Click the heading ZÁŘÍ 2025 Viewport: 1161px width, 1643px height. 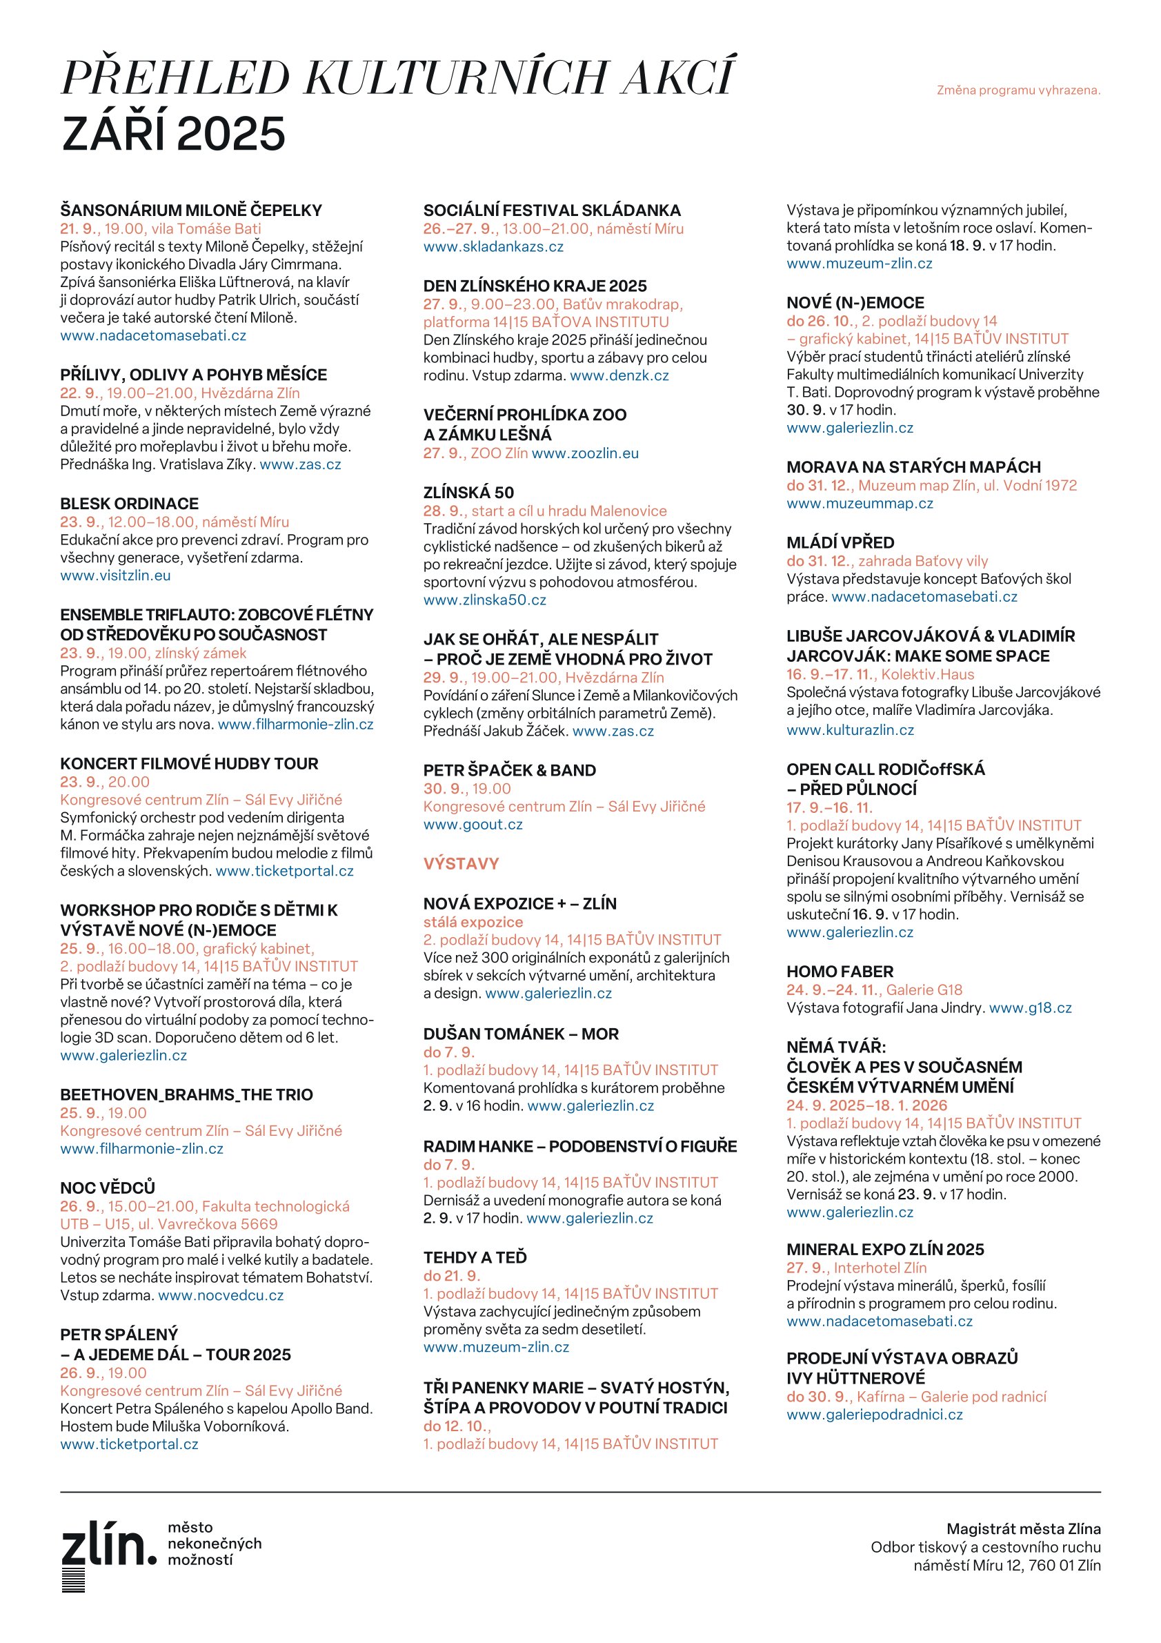pyautogui.click(x=173, y=134)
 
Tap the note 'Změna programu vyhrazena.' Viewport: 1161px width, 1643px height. pyautogui.click(x=1018, y=90)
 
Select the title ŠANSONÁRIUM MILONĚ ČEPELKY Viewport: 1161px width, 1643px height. pyautogui.click(x=191, y=210)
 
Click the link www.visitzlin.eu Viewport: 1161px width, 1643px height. pyautogui.click(x=115, y=575)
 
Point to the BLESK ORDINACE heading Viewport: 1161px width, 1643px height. pyautogui.click(x=130, y=504)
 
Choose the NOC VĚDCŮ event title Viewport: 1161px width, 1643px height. pyautogui.click(x=108, y=1187)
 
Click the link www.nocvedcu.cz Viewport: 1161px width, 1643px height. pyautogui.click(x=221, y=1295)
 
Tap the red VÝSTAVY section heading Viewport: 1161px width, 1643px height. pyautogui.click(x=461, y=864)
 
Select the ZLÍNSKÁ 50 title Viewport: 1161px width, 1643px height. pyautogui.click(x=468, y=492)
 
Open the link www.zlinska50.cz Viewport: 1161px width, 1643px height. pyautogui.click(x=484, y=600)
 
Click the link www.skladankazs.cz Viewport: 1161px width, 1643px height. pyautogui.click(x=493, y=247)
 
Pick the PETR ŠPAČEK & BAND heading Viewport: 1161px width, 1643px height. pyautogui.click(x=509, y=770)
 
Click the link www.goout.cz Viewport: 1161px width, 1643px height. pyautogui.click(x=473, y=825)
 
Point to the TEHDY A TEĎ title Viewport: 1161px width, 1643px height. pyautogui.click(x=475, y=1257)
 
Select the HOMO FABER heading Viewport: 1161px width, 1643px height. pyautogui.click(x=840, y=972)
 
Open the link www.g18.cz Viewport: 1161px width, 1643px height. pyautogui.click(x=1030, y=1008)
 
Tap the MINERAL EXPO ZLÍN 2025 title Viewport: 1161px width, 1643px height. pyautogui.click(x=885, y=1250)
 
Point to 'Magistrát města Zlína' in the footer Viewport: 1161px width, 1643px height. pyautogui.click(x=1023, y=1529)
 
